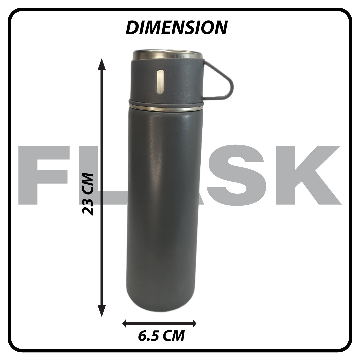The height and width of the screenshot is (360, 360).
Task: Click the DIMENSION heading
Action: pos(177,28)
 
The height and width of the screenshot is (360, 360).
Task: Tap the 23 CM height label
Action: pos(88,194)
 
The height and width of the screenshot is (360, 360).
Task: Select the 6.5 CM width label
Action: pos(161,336)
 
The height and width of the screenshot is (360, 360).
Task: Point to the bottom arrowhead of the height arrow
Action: pos(102,311)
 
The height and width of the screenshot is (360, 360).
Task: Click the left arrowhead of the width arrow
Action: pos(125,323)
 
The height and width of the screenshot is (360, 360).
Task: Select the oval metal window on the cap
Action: pos(160,82)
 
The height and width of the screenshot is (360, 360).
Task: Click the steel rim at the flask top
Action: pos(168,55)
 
